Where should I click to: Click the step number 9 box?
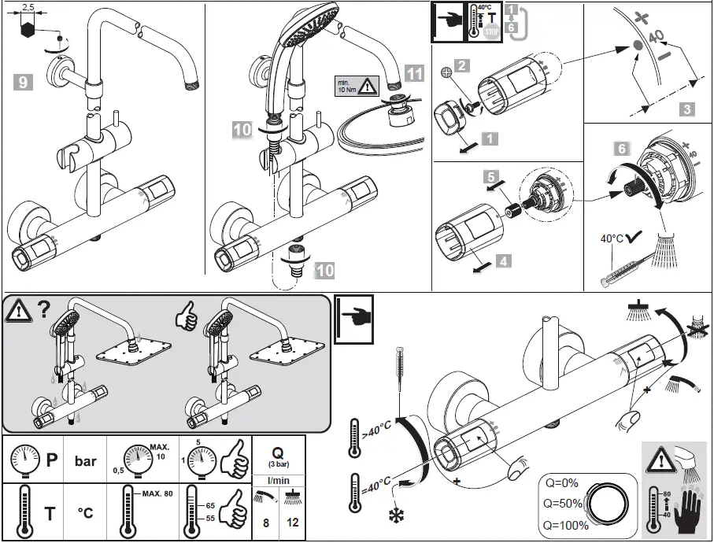pyautogui.click(x=24, y=80)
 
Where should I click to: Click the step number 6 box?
pyautogui.click(x=621, y=149)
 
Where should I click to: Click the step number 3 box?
pyautogui.click(x=686, y=109)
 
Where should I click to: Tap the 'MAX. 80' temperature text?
pyautogui.click(x=158, y=493)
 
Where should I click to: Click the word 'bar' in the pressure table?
pyautogui.click(x=86, y=460)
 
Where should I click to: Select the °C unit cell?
pyautogui.click(x=85, y=513)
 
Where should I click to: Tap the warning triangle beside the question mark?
pyautogui.click(x=16, y=312)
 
